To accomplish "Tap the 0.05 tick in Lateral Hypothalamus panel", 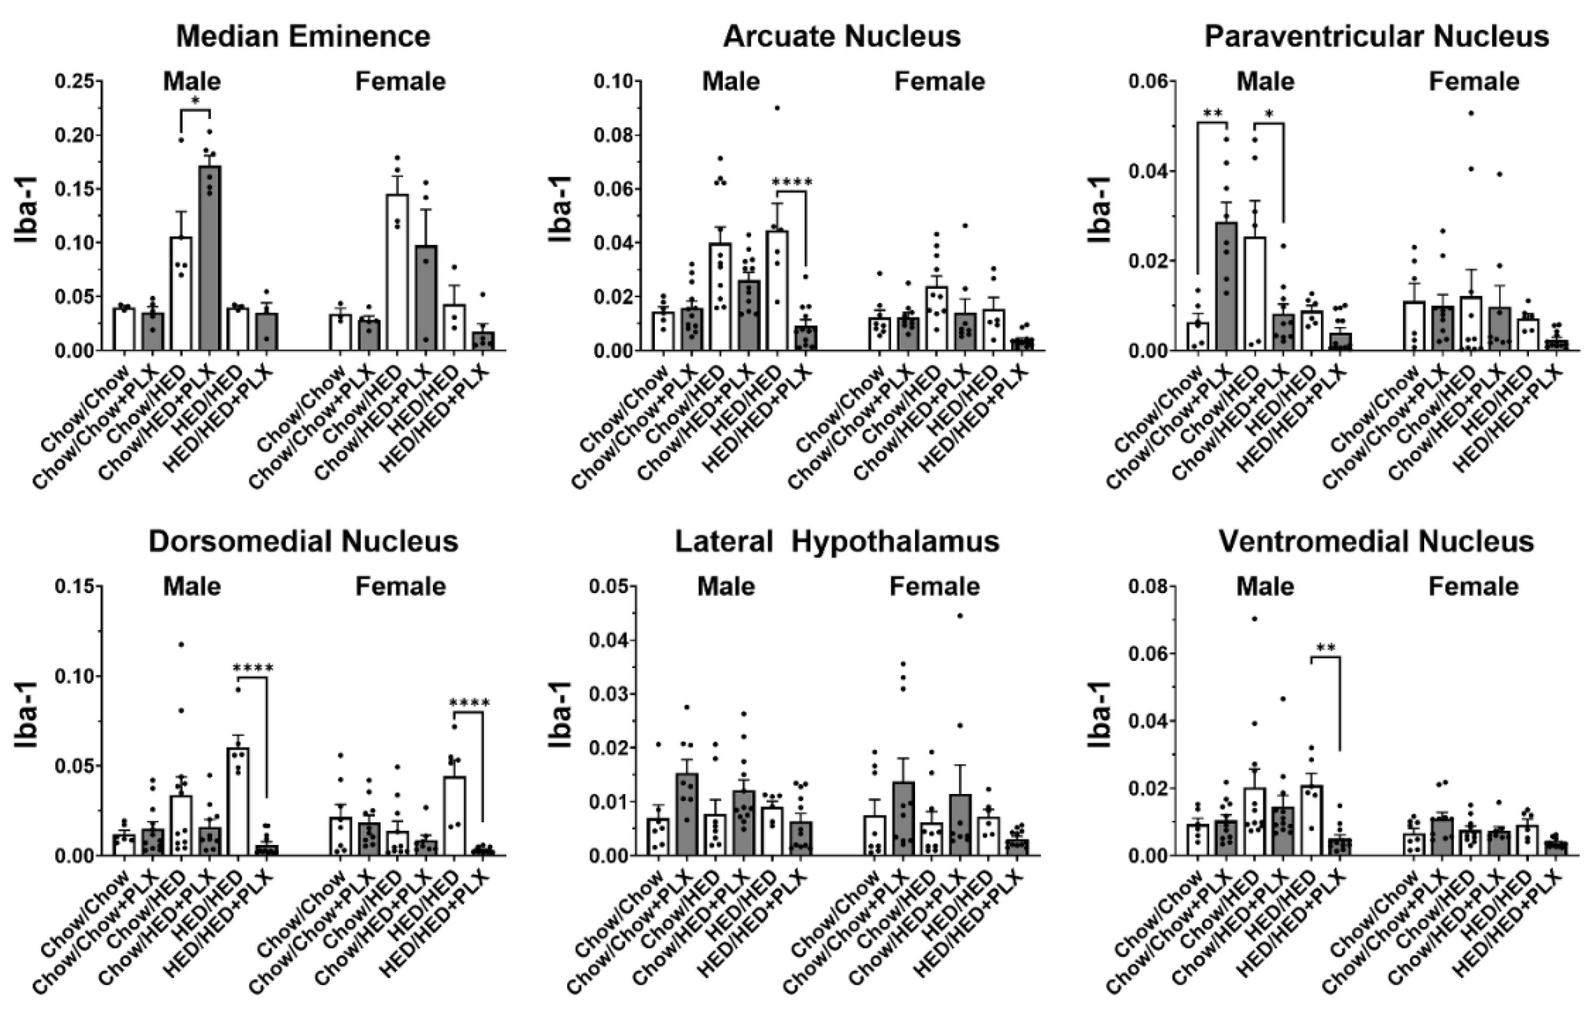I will click(x=609, y=586).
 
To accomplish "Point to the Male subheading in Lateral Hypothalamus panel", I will click(x=726, y=586).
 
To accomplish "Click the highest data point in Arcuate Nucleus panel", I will click(x=777, y=108).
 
